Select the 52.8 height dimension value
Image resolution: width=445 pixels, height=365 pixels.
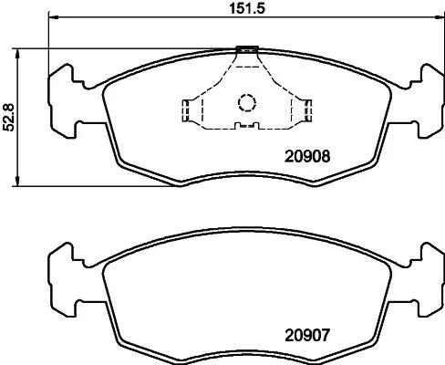[9, 117]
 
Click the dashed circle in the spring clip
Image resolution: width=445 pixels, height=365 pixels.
[246, 102]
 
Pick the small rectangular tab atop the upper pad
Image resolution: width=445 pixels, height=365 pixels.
[246, 49]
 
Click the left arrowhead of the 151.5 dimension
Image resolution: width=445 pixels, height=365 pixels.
[50, 17]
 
